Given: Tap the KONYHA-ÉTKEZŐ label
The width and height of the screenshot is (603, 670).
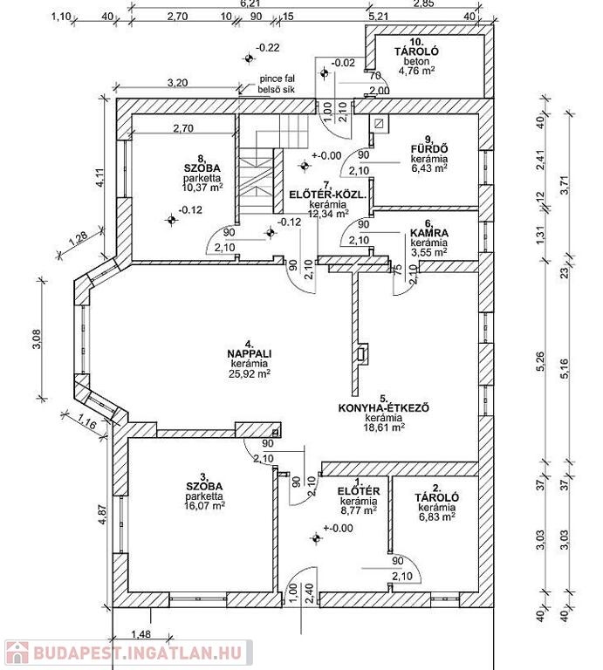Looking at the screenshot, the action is [x=384, y=407].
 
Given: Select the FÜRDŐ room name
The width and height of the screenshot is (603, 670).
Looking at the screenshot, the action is [x=429, y=149].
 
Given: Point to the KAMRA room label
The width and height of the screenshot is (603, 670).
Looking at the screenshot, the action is [x=429, y=233].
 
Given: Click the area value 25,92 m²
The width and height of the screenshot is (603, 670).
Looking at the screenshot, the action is [x=250, y=373].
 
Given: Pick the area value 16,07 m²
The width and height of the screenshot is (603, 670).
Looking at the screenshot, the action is [x=205, y=505].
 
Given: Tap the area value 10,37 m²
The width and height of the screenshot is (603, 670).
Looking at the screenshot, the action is [x=202, y=188].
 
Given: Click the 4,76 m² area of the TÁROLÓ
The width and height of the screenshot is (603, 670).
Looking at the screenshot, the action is [x=416, y=71].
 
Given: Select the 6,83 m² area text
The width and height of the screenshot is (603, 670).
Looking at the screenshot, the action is [x=436, y=517].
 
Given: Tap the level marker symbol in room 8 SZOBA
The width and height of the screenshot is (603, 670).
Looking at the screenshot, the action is [x=171, y=220].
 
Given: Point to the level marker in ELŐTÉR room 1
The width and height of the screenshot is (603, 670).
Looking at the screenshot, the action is [x=316, y=538].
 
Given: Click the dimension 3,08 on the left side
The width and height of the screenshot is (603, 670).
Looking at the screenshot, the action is [x=37, y=338].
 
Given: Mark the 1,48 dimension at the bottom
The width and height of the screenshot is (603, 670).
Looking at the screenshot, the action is [x=140, y=634].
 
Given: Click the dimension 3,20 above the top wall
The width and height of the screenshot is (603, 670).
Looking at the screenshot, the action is [x=177, y=83].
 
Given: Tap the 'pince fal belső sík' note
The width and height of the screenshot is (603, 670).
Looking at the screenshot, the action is [x=277, y=84].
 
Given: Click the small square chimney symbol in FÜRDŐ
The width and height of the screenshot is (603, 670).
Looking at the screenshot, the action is [x=379, y=124].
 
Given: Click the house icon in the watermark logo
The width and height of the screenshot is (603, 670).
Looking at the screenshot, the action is [x=17, y=653].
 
